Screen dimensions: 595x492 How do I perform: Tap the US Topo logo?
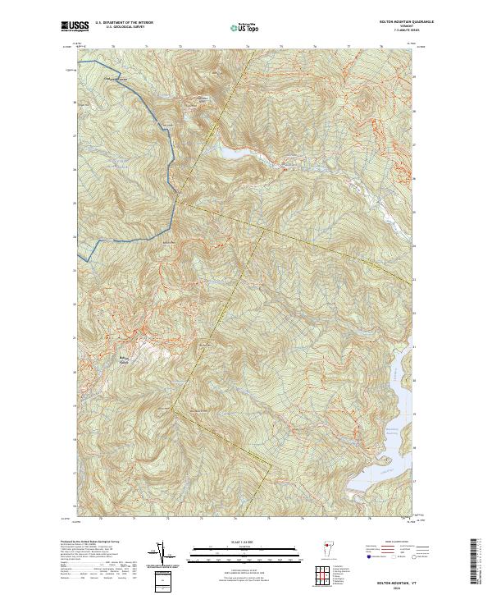click(246, 28)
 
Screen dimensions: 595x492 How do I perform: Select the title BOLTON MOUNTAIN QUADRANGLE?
click(390, 21)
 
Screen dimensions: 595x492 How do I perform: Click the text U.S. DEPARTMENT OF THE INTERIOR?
click(125, 22)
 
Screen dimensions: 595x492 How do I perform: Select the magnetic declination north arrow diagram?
click(164, 554)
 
